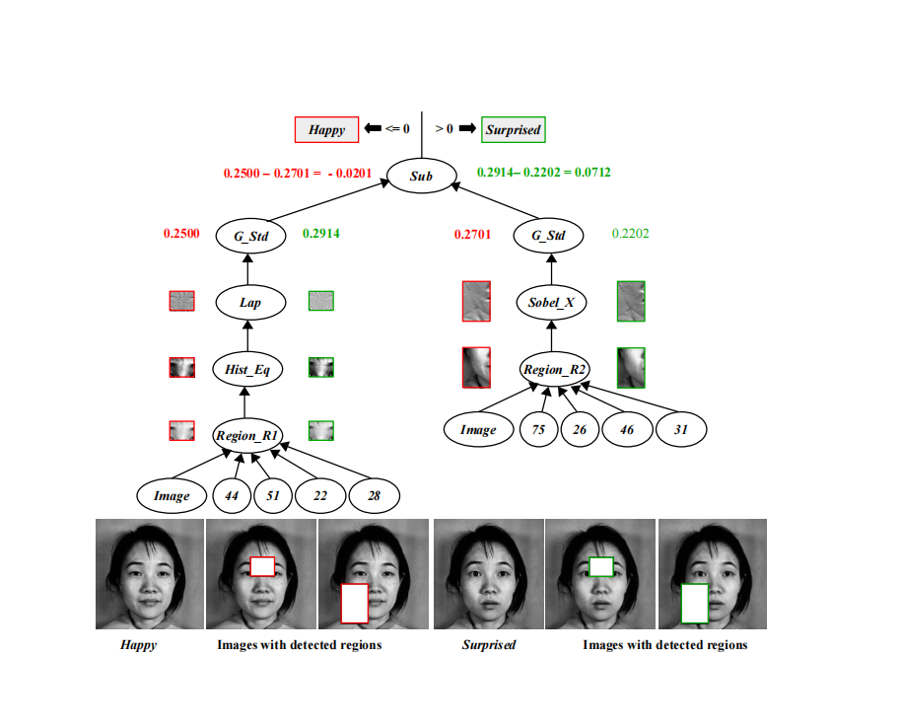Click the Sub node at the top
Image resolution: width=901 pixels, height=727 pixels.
[x=422, y=178]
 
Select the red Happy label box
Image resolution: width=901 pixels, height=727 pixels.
[x=327, y=129]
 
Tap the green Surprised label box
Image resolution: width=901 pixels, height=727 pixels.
[x=513, y=129]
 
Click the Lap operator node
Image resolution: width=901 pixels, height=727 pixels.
[x=249, y=302]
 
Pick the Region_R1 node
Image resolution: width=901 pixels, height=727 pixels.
[x=245, y=434]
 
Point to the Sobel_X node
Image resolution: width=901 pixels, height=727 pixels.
[x=550, y=302]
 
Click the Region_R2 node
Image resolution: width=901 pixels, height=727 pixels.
[x=555, y=370]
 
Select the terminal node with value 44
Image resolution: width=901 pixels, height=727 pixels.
[x=233, y=496]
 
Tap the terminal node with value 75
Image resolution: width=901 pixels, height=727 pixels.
[x=538, y=430]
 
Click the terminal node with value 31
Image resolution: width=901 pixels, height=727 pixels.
[x=680, y=430]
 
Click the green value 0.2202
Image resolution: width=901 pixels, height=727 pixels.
[x=631, y=235]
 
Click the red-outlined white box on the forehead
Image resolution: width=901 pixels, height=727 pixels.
[x=262, y=565]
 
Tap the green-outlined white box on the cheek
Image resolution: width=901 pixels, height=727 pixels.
[x=695, y=603]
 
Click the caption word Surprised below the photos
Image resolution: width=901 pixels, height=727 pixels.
[x=489, y=645]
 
